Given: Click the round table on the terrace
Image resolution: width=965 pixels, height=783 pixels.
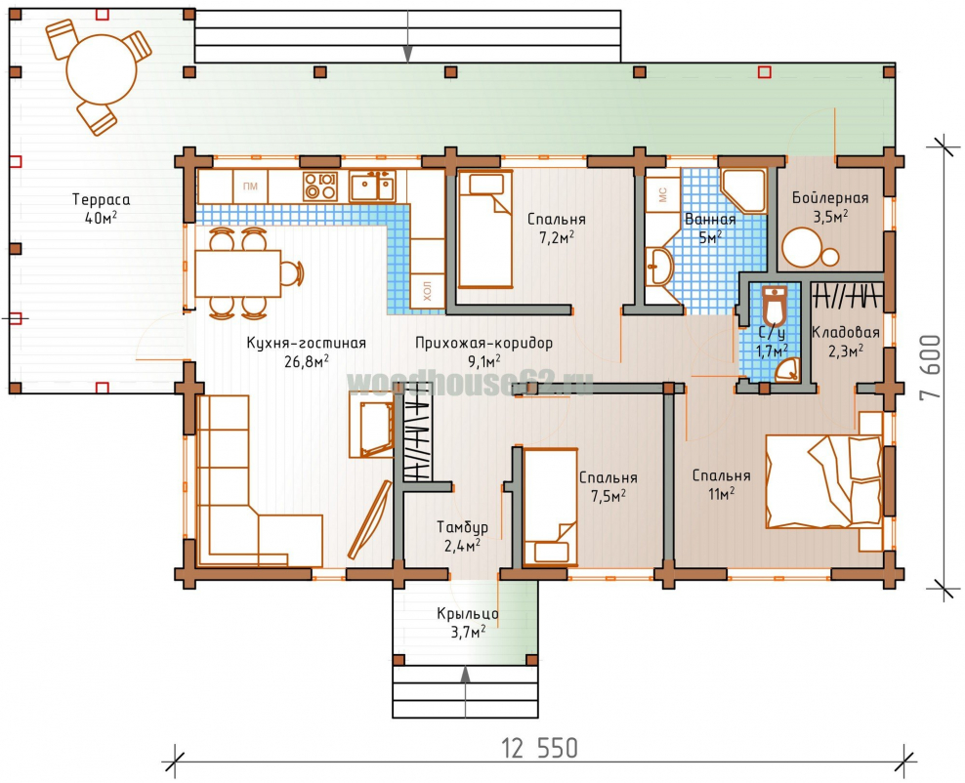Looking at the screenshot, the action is click(102, 69).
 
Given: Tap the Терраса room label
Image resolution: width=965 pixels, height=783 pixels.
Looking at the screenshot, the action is click(101, 200).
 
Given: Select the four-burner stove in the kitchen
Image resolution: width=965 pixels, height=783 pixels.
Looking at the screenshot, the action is click(320, 185).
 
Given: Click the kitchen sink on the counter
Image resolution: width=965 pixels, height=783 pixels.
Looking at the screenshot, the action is click(372, 186).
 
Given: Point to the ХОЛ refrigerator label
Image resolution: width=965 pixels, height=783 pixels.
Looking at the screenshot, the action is click(427, 290).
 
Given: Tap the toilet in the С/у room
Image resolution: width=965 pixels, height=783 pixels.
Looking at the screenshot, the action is click(774, 306).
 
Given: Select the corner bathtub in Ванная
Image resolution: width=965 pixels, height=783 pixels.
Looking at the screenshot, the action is click(743, 190).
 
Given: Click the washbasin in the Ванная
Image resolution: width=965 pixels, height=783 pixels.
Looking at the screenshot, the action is click(659, 267).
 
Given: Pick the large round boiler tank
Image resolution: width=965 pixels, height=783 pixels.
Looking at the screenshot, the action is click(801, 247).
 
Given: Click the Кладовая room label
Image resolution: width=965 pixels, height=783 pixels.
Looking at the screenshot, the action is click(845, 333).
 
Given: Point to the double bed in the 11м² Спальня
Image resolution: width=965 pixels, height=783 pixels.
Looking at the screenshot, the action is click(824, 481).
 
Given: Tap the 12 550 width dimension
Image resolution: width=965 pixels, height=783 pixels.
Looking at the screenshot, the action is click(540, 749).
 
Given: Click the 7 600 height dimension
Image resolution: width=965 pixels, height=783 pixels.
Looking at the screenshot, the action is click(931, 367).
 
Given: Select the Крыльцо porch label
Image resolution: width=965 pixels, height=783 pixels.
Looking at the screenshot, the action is click(468, 614).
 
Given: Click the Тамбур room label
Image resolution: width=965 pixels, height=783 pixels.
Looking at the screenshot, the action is click(462, 527).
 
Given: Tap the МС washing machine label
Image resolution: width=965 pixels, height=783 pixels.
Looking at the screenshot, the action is click(663, 195).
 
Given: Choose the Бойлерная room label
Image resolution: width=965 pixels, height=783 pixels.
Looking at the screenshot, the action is click(830, 198).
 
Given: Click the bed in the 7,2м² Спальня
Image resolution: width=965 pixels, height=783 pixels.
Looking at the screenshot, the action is click(485, 228).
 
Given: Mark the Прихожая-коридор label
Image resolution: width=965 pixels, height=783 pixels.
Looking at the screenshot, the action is click(483, 344).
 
